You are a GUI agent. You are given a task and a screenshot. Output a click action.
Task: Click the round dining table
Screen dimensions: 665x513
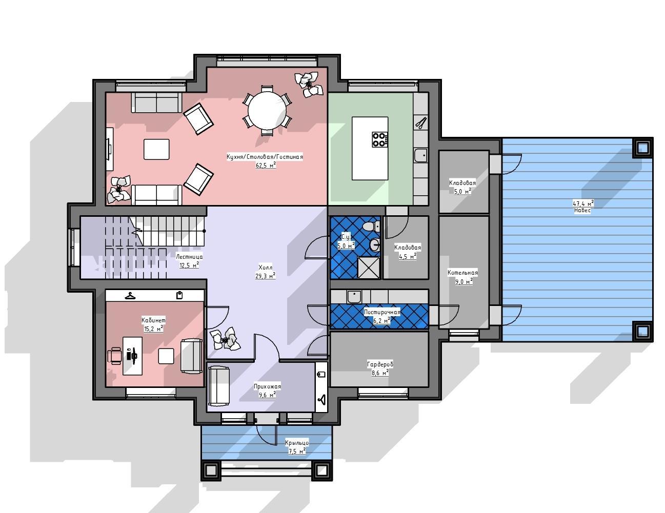(267, 111)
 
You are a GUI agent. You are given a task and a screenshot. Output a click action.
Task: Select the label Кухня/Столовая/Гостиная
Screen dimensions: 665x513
(265, 157)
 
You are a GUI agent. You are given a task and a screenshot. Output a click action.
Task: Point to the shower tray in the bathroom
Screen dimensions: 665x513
(369, 268)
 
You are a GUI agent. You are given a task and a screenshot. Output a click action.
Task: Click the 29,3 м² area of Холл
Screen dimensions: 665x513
(265, 276)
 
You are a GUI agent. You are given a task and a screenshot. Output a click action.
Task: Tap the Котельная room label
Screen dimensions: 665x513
(462, 272)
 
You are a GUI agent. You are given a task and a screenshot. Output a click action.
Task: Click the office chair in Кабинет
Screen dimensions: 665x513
(115, 356)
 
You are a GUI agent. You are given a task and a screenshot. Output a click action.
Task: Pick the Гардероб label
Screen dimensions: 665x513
(380, 364)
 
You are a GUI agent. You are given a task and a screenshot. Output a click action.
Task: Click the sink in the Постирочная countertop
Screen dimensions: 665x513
(354, 296)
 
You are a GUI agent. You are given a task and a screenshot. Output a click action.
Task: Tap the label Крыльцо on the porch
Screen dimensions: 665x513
(297, 443)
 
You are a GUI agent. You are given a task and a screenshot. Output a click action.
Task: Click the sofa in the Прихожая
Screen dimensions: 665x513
(219, 386)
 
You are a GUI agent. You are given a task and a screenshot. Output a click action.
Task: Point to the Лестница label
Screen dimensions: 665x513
(189, 257)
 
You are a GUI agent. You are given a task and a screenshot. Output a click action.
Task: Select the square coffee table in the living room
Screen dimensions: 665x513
(156, 149)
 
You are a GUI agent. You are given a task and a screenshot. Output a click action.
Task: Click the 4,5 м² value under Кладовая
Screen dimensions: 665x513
(408, 256)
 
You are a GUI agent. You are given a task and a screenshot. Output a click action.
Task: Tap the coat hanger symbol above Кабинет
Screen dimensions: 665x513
(130, 296)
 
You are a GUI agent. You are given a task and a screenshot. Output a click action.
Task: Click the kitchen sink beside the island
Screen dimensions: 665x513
(421, 155)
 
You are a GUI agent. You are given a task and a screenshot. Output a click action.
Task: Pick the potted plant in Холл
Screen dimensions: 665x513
(225, 339)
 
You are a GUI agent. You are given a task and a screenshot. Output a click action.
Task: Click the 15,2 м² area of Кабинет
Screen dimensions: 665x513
(153, 329)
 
